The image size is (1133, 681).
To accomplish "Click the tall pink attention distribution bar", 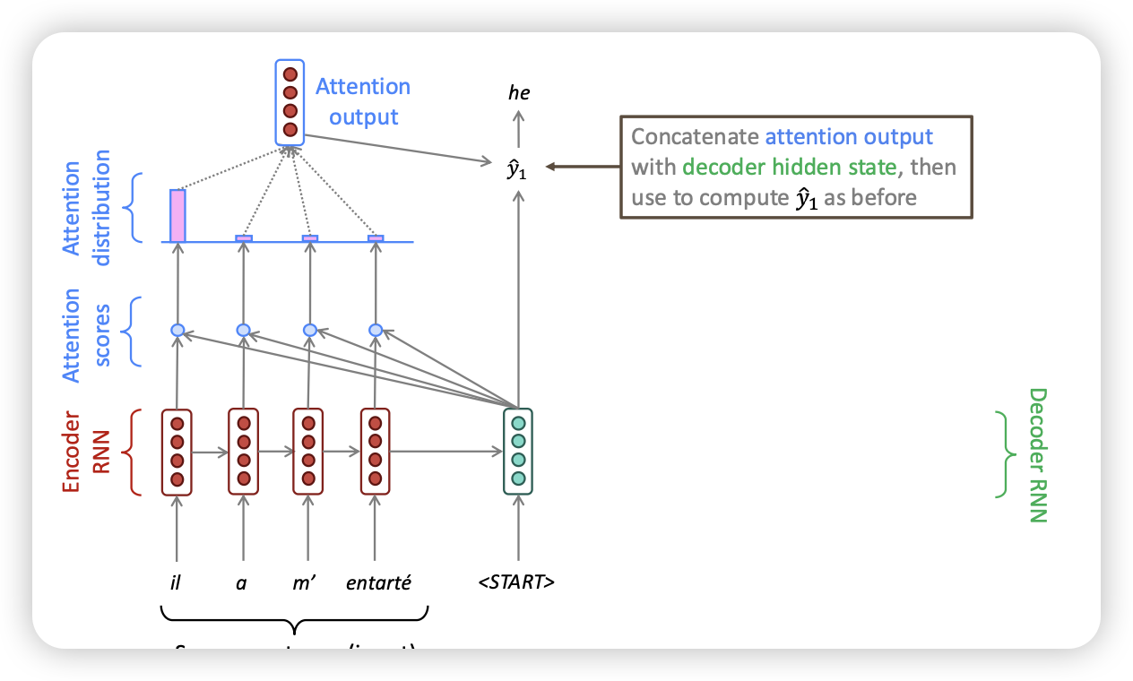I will coord(177,216).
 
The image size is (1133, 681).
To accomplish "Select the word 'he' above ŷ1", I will coord(518,91).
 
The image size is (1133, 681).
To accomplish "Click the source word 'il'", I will coord(176,583).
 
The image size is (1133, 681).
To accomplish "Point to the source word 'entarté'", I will coord(378,583).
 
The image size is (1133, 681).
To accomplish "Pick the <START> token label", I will coord(517,583).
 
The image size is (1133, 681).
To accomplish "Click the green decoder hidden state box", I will coord(518,451).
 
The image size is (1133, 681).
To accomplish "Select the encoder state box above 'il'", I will coord(177,451).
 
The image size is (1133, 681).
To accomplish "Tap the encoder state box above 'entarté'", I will coord(375,451).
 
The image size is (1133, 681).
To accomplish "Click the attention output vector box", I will coord(290,101).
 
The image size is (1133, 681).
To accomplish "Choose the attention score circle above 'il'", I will coord(177,331).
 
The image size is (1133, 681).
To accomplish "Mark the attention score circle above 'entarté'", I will coord(376,331).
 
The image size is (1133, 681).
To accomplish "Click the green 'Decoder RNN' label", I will coord(1037,454).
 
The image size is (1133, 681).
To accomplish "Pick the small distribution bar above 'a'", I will coord(244,238).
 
